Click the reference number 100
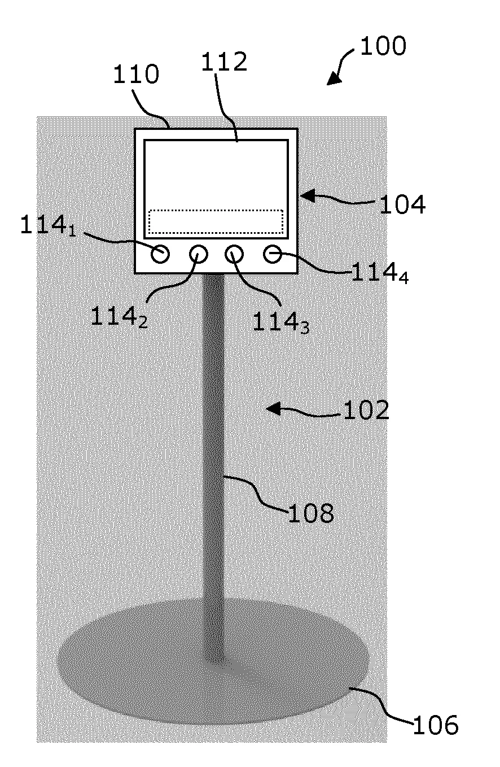click(383, 46)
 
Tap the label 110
click(136, 75)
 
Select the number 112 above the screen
click(224, 62)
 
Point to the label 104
click(402, 204)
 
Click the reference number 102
click(366, 410)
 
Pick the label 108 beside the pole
click(311, 513)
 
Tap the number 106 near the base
click(436, 725)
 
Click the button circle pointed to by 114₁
click(160, 254)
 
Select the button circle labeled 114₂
click(199, 254)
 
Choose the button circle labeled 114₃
click(234, 254)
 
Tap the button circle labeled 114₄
click(273, 254)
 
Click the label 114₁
click(49, 226)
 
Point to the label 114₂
click(119, 317)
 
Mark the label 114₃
click(281, 323)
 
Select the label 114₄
click(380, 273)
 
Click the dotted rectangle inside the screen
click(216, 221)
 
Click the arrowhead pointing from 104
click(308, 196)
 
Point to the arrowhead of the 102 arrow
click(273, 408)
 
